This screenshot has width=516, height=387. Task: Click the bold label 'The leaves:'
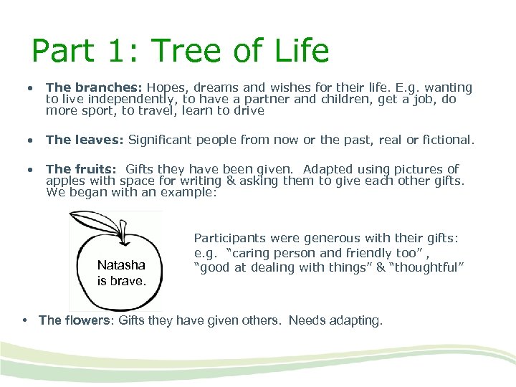pyautogui.click(x=84, y=140)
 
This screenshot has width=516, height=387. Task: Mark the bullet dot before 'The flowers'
pyautogui.click(x=26, y=320)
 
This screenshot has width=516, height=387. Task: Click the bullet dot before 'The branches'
pyautogui.click(x=30, y=88)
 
